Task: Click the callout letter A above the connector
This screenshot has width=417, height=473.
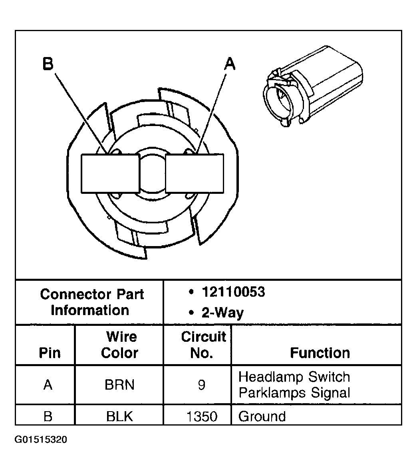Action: point(230,63)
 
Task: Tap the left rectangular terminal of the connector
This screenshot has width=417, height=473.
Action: point(110,174)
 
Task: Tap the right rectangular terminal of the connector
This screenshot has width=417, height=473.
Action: point(195,174)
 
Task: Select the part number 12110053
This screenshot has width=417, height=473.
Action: point(233,292)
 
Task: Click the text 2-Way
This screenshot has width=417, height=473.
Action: point(222,312)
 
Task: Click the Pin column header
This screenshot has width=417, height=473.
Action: point(50,353)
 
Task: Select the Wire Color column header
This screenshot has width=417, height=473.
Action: point(119,345)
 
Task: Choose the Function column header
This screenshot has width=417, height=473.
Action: point(320,353)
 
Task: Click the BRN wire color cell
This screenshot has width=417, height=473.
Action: point(119,385)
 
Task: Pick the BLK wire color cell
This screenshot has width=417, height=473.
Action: point(119,416)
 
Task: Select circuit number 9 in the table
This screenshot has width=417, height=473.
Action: point(202,385)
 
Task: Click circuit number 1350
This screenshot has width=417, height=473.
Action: point(202,416)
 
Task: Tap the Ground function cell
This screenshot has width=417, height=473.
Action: point(262,416)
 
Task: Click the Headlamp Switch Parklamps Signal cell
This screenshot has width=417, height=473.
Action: point(294,385)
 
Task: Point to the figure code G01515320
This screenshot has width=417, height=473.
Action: point(41,440)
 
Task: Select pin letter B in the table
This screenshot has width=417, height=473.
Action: point(48,416)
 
